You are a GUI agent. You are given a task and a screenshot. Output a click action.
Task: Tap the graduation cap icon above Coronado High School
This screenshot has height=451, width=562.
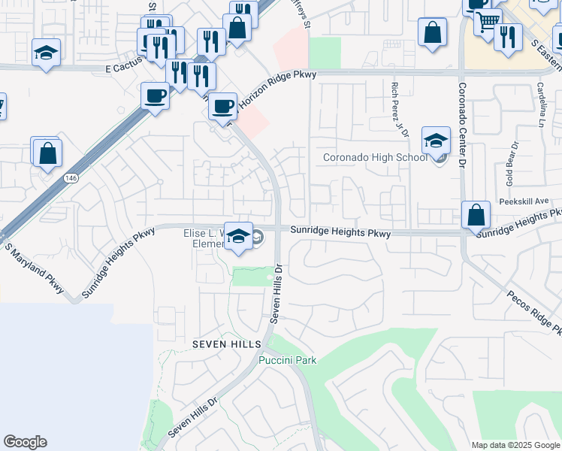(436, 141)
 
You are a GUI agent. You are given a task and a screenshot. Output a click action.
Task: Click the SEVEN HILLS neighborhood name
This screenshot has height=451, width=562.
(226, 344)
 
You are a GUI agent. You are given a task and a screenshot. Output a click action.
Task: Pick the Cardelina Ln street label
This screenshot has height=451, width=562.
(540, 105)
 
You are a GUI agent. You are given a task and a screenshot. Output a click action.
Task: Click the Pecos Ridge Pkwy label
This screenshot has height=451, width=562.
(533, 311)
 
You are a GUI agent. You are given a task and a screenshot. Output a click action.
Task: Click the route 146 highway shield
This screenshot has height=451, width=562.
(71, 178)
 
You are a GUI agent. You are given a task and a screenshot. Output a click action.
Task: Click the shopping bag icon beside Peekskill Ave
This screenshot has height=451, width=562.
(476, 215)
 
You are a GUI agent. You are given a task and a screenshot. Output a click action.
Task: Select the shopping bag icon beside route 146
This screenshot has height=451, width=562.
(47, 153)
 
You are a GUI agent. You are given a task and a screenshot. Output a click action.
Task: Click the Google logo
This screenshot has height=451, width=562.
(25, 442)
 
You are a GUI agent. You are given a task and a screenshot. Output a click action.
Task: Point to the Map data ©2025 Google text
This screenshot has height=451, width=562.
(515, 445)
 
